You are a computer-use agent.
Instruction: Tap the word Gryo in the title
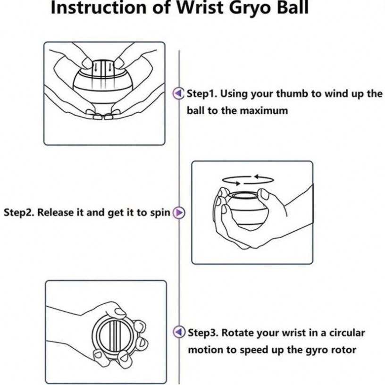coord(250,8)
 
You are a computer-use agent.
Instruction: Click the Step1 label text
coord(202,93)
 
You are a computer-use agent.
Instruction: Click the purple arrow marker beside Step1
coord(178,93)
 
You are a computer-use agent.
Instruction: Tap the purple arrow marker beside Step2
coord(179,213)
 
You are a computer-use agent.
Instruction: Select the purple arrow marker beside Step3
coord(179,332)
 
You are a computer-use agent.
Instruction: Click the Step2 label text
coord(19,213)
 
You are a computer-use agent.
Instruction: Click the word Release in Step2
coord(56,212)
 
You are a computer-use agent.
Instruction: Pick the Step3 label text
coord(203,333)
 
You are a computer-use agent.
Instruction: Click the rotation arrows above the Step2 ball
coord(248,180)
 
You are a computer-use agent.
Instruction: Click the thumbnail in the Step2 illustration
coord(264,195)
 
